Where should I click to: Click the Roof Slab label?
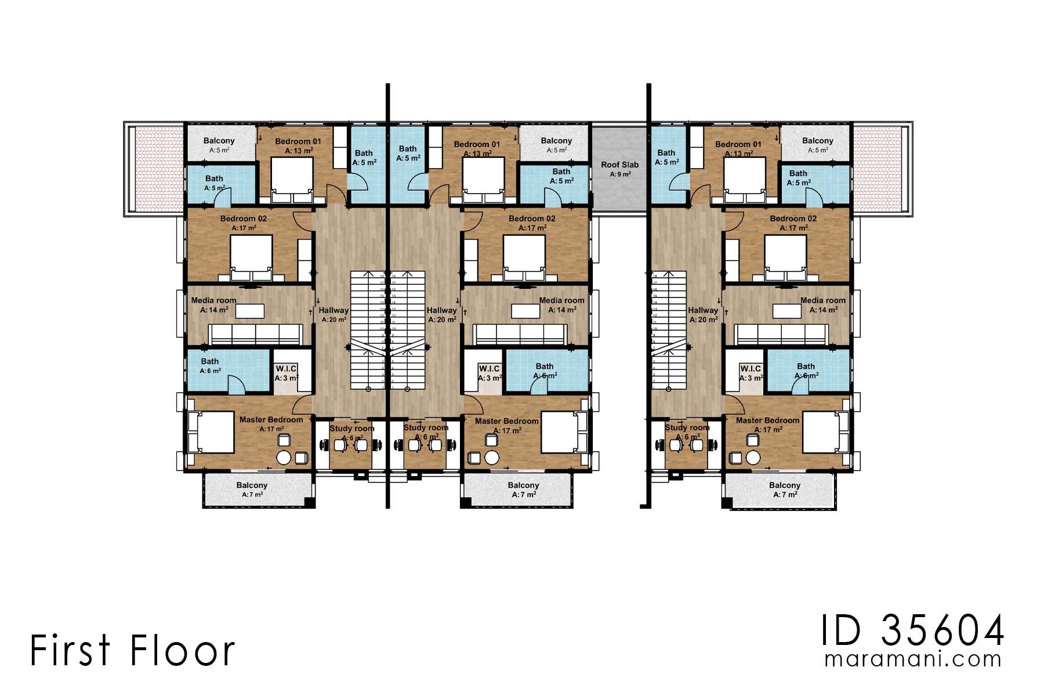619,165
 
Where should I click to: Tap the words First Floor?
132,650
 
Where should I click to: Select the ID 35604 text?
911,630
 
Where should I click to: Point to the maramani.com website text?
912,659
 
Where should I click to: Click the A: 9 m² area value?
619,174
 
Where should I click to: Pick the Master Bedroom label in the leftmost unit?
271,419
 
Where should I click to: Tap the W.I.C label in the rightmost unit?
751,369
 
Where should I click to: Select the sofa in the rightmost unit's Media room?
781,335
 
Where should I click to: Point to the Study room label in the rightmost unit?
687,427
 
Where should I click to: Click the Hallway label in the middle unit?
441,310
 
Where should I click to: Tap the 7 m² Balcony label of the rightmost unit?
784,485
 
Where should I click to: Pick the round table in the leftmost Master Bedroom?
284,457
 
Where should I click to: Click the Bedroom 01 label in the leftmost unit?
298,142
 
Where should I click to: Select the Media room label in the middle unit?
561,300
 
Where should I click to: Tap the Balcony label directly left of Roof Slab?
556,141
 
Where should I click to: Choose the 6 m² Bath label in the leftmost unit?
210,361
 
